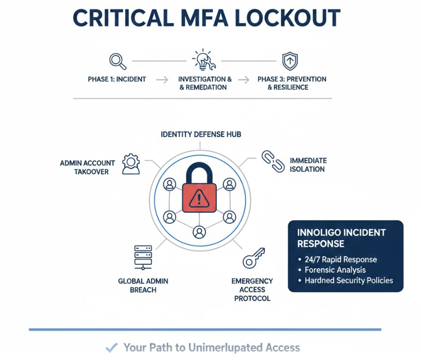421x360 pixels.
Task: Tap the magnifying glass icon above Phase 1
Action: (x=117, y=61)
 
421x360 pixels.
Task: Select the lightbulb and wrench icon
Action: (x=204, y=60)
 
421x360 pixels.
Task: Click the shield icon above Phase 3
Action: (x=290, y=61)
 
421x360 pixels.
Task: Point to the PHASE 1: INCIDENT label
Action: (x=117, y=79)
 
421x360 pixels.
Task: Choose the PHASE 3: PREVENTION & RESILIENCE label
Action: (x=291, y=83)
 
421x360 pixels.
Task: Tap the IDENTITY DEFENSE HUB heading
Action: (x=201, y=134)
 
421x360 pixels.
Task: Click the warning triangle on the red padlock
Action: (x=200, y=198)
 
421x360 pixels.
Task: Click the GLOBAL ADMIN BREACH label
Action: (x=143, y=286)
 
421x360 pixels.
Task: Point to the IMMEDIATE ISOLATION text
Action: (x=308, y=165)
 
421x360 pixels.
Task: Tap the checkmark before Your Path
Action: (x=112, y=348)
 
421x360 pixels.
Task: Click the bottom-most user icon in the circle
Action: (x=199, y=231)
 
